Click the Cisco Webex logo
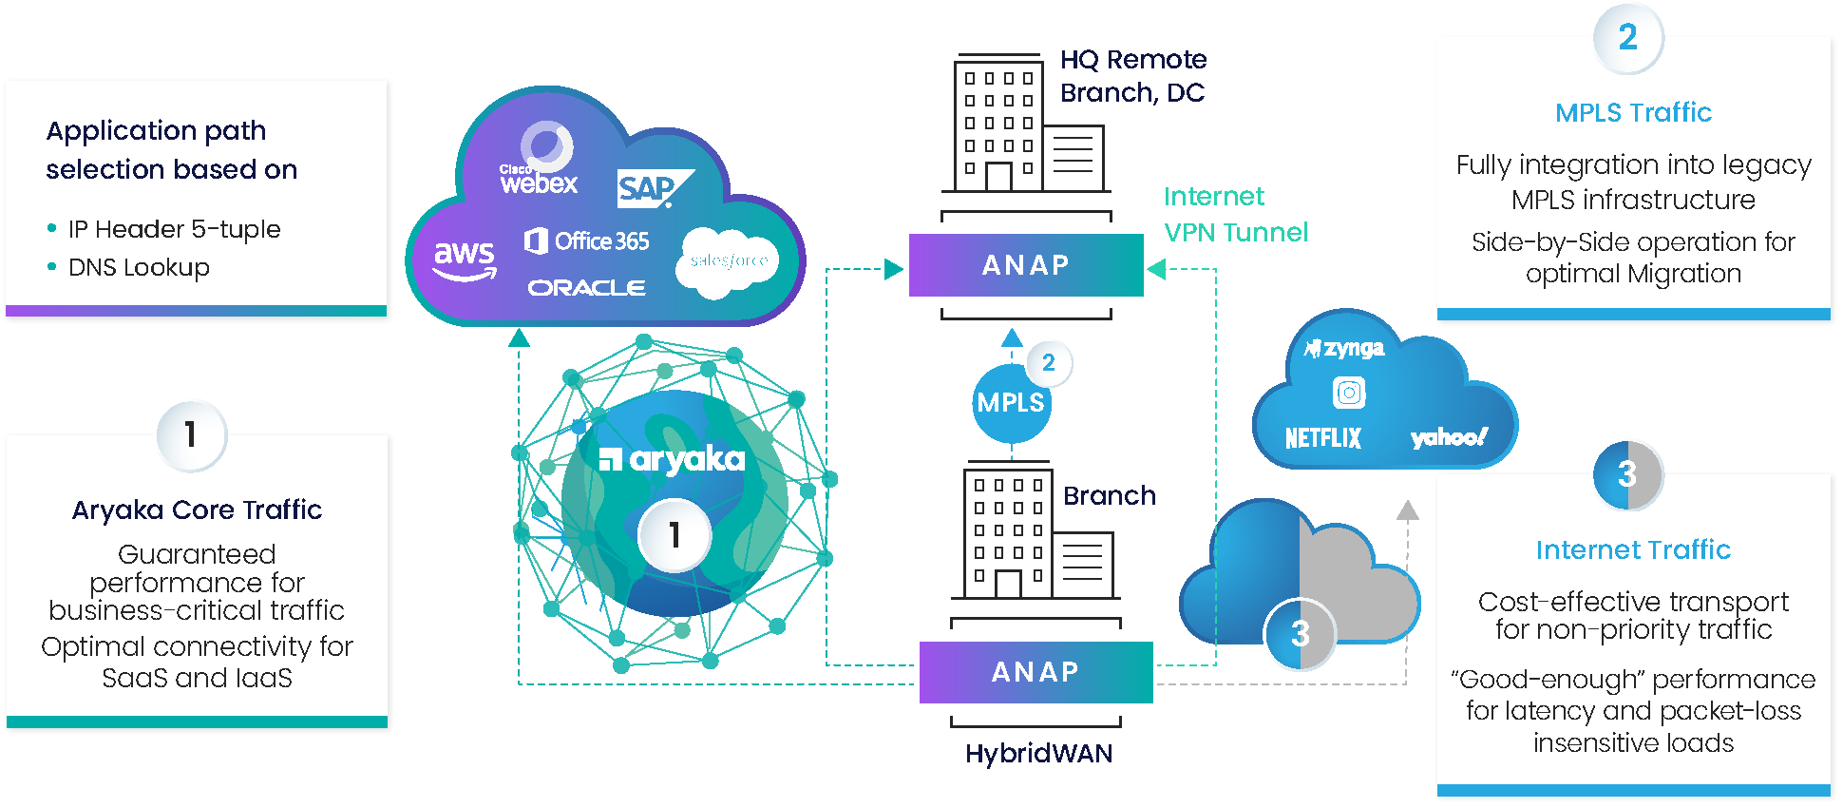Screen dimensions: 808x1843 coord(539,162)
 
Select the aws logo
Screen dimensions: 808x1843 coord(465,260)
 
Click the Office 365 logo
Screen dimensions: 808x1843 coord(587,241)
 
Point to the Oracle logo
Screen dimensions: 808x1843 coord(586,288)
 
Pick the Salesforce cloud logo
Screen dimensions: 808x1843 coord(728,261)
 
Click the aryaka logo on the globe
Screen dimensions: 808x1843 coord(673,460)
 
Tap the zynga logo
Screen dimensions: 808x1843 coord(1344,349)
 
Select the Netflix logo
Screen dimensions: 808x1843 coord(1322,438)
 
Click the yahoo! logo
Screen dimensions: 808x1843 coord(1449,437)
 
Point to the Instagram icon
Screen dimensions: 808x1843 coord(1349,393)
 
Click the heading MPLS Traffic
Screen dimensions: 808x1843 coord(1633,113)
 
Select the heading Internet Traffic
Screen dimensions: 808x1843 coord(1633,549)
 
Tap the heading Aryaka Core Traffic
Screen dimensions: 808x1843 coord(197,510)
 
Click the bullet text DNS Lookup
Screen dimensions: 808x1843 coord(139,268)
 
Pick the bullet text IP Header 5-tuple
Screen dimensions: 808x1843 coord(174,229)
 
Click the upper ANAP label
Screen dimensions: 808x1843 coord(1025,265)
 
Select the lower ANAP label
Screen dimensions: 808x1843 coord(1035,672)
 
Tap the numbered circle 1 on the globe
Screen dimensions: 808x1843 coord(674,535)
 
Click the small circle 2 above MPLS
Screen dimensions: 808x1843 coord(1048,362)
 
